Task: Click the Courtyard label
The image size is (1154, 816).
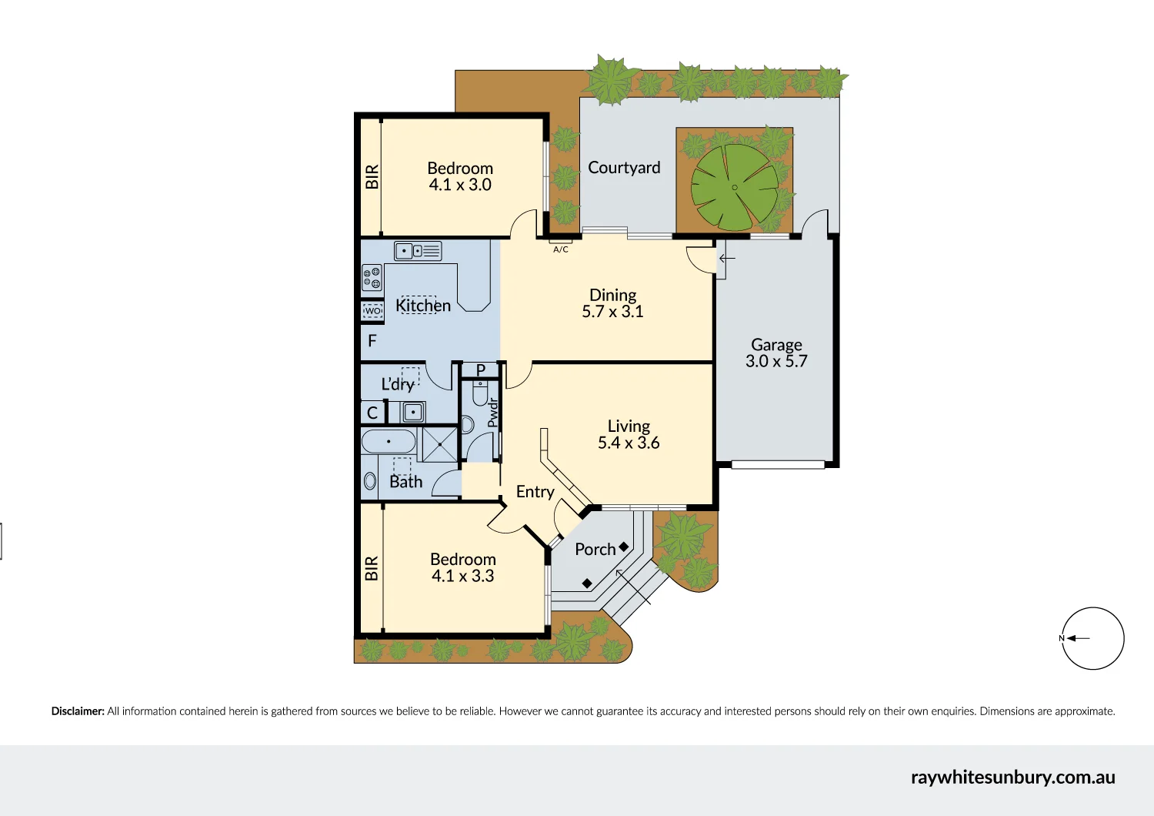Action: tap(624, 168)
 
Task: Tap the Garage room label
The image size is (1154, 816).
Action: tap(776, 344)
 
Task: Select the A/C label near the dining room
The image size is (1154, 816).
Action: tap(561, 249)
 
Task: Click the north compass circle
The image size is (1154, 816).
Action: tap(1092, 638)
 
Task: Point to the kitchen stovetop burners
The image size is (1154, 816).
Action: tap(372, 277)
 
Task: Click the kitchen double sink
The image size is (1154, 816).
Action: tap(418, 251)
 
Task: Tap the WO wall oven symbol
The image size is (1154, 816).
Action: tap(372, 311)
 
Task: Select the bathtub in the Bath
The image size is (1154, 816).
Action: tap(389, 442)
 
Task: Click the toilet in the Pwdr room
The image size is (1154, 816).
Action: tap(480, 393)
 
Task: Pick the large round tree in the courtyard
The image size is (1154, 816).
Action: tap(735, 187)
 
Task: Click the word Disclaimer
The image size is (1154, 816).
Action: tap(77, 711)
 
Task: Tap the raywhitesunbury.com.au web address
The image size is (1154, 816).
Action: tap(1013, 778)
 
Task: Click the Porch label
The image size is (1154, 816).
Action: tap(595, 550)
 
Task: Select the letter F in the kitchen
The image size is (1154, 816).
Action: tap(372, 340)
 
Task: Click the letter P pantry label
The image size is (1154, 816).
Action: tap(481, 370)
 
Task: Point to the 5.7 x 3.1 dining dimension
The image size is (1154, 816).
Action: tap(612, 311)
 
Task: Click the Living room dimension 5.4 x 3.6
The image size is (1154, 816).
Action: tap(629, 443)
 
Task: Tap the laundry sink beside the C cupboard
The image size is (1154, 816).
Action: tap(412, 413)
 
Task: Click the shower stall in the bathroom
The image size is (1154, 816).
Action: tap(440, 444)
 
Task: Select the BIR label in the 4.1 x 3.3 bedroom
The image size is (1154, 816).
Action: tap(372, 568)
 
